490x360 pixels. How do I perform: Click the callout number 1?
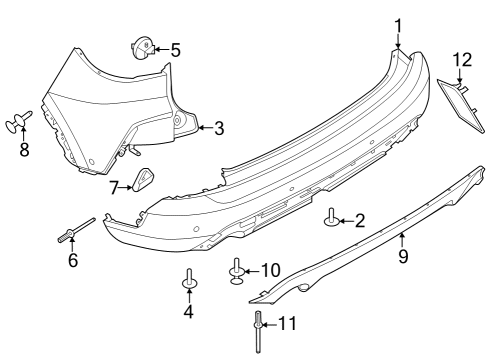[397, 25]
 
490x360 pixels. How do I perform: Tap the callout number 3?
[219, 128]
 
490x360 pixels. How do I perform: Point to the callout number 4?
[187, 311]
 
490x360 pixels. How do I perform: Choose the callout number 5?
[175, 48]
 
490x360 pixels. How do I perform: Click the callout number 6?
[72, 261]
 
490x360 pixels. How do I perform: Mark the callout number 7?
[114, 186]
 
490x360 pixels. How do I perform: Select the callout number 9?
[403, 256]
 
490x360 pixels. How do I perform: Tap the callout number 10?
[271, 270]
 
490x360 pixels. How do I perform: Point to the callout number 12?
[461, 60]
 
